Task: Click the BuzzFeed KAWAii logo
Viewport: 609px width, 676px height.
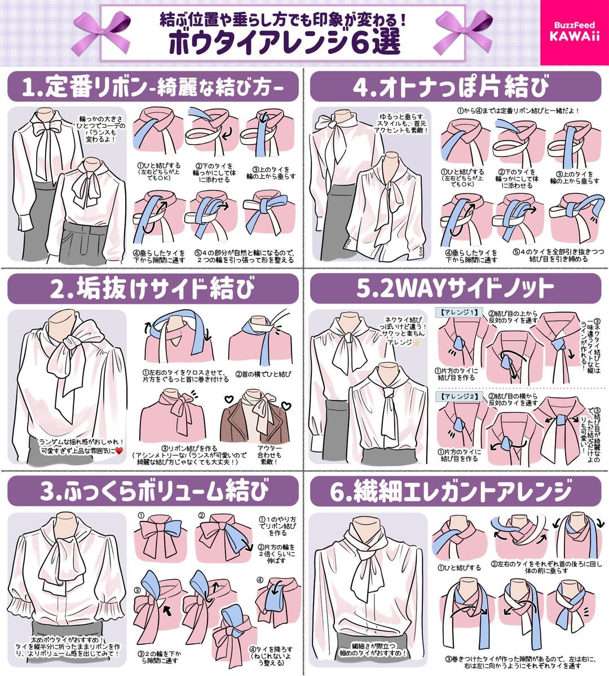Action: coord(574,32)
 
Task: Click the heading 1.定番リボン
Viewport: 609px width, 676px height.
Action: coord(152,87)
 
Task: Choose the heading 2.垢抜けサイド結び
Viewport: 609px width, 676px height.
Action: coord(152,290)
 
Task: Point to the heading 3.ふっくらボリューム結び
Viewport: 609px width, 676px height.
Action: coord(152,491)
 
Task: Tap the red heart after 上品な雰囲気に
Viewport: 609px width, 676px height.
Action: coord(118,451)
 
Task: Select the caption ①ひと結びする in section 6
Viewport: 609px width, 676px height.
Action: coord(460,568)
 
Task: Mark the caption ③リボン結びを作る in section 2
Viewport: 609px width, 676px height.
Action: coord(186,449)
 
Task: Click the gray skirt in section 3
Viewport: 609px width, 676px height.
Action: coord(68,631)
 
